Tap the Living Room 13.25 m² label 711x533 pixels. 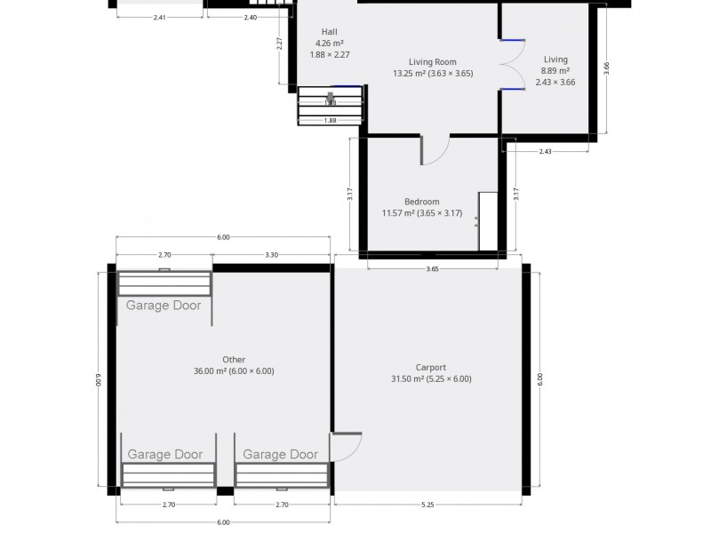(425, 62)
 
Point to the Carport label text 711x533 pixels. (430, 367)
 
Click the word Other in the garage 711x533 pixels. (234, 360)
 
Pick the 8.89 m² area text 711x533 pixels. (555, 71)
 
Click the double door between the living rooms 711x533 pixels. (512, 64)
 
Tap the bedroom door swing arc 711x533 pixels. (435, 153)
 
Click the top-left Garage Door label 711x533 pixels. (164, 306)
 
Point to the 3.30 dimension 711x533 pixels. (272, 255)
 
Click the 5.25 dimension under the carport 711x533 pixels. (427, 505)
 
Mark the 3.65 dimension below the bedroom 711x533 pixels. (432, 268)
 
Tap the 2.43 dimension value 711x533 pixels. (545, 152)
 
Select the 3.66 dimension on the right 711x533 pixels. (607, 68)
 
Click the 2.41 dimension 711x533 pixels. (159, 18)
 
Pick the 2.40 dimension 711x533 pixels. (250, 18)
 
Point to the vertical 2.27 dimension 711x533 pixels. (280, 43)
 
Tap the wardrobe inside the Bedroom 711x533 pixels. (487, 220)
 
